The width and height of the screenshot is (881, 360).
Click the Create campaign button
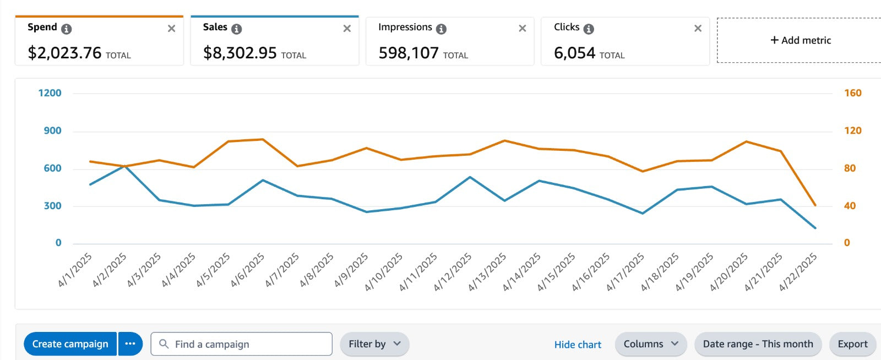click(70, 344)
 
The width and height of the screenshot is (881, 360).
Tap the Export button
click(852, 344)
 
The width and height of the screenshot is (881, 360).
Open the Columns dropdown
click(650, 344)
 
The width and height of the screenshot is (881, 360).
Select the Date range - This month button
click(758, 344)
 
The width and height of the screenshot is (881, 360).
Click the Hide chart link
click(578, 345)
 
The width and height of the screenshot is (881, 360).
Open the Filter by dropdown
click(374, 344)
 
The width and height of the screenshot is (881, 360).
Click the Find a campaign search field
click(242, 344)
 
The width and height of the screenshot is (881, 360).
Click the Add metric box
click(800, 40)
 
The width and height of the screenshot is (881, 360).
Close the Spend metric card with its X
click(171, 29)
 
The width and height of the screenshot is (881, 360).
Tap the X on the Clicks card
click(698, 29)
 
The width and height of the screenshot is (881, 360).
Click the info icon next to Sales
click(236, 29)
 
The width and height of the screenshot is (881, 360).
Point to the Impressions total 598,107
click(409, 53)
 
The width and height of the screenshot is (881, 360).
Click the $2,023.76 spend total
click(64, 53)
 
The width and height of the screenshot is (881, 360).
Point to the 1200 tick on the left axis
click(50, 93)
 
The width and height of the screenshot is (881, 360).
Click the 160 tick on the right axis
click(852, 93)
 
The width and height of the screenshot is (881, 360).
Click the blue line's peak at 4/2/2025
click(124, 165)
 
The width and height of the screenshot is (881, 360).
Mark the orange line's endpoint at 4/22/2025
click(815, 205)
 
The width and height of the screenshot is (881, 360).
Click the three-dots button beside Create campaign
click(130, 344)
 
